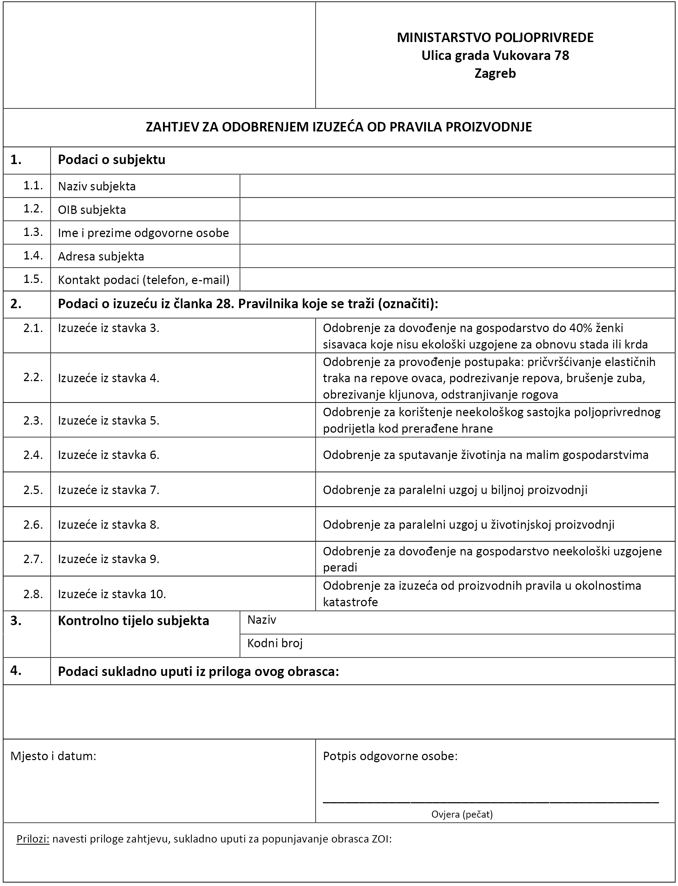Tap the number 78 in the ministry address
(x=561, y=55)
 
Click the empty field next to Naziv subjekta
(x=457, y=186)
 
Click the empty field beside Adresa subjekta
(x=457, y=256)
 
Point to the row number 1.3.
(x=33, y=232)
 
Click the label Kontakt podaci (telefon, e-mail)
(x=144, y=280)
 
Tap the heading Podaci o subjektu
(x=112, y=160)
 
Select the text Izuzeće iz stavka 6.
(x=109, y=455)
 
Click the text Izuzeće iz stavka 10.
(x=112, y=594)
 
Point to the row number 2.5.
(x=33, y=489)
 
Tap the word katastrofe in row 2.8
(x=350, y=602)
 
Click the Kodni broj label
(x=275, y=643)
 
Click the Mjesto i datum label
(x=53, y=756)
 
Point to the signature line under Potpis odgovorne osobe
(x=490, y=801)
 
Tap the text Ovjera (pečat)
(x=462, y=814)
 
